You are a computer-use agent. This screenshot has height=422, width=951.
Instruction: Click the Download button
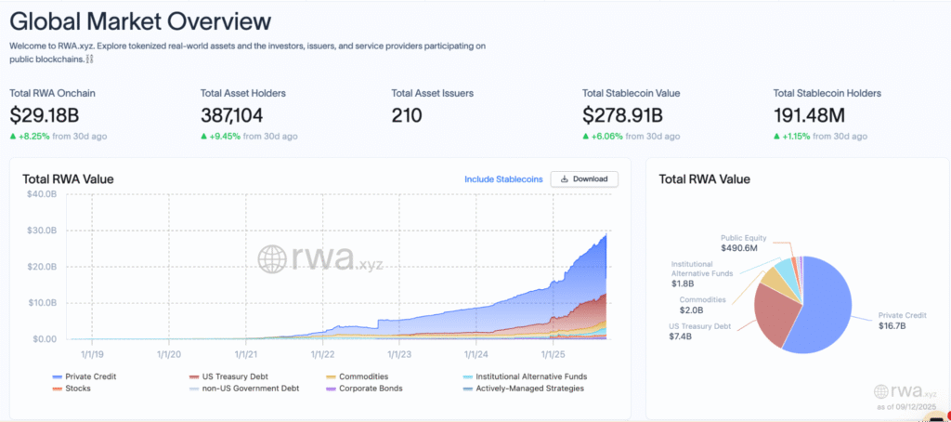coord(584,179)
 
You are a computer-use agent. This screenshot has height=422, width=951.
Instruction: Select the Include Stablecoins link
coord(503,179)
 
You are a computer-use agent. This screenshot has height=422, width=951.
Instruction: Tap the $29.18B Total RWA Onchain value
coord(45,114)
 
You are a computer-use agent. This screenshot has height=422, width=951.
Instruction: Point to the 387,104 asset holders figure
coord(231,114)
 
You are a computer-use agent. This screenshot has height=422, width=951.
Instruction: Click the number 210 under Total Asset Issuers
coord(407,114)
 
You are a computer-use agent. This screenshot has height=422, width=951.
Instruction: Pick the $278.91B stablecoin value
coord(622,114)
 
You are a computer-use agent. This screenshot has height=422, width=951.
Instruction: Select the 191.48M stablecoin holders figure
coord(809,114)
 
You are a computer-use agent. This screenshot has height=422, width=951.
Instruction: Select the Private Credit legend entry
coord(84,376)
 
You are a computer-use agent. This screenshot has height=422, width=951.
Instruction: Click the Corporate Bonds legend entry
coord(364,388)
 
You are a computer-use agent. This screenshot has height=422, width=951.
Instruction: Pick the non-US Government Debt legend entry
coord(244,388)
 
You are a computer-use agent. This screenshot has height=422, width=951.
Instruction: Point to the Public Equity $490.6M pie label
coord(738,243)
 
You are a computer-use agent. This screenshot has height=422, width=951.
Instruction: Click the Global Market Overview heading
coord(140,22)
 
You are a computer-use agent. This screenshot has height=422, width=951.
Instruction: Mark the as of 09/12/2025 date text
coord(906,407)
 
